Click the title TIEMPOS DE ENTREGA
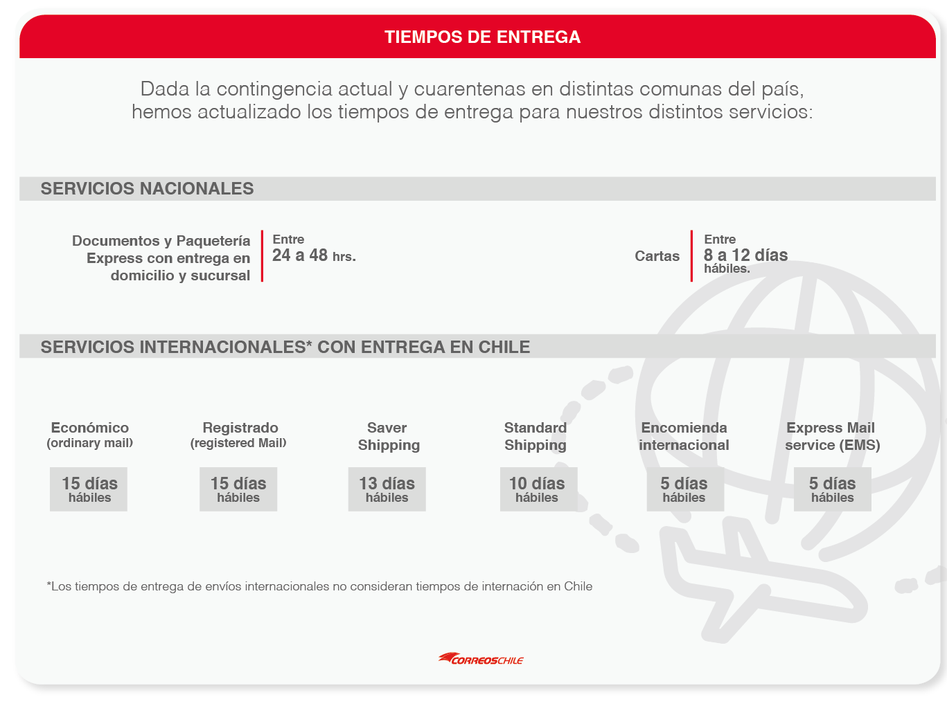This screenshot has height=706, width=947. point(482,37)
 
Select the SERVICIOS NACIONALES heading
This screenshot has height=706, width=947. point(147,188)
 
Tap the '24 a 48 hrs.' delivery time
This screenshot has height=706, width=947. point(313,255)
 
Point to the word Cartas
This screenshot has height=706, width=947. point(657,256)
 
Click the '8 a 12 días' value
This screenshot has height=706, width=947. point(745,255)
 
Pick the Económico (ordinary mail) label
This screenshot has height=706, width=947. point(89,435)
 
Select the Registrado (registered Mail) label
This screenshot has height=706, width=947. point(238,435)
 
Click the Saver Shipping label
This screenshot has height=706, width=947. point(388,436)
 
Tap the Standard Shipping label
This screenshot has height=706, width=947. point(536,436)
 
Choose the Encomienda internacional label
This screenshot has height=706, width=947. point(684,436)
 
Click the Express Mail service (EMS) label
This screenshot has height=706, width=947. point(832,436)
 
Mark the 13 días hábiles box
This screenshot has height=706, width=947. point(387,489)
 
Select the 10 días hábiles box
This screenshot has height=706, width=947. point(538,489)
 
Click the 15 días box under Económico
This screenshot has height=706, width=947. point(89,489)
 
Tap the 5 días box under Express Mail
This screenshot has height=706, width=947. point(832,489)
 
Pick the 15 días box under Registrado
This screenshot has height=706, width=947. point(238,489)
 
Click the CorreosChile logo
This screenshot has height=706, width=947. point(481,658)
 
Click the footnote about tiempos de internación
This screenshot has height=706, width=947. point(319,586)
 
